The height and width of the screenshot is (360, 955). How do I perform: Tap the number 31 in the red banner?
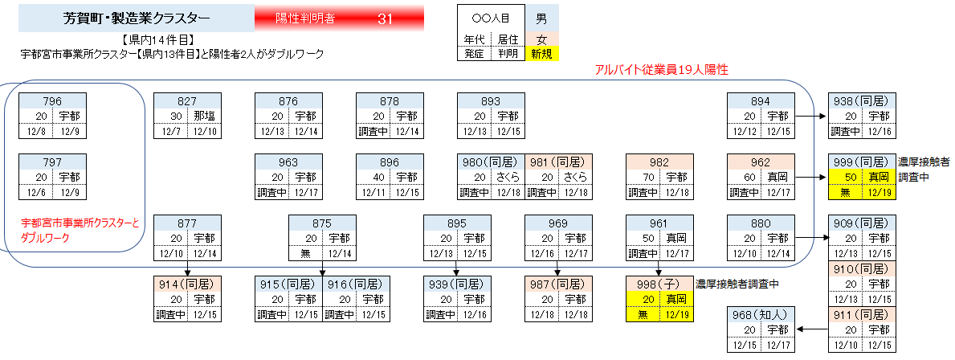coord(385,18)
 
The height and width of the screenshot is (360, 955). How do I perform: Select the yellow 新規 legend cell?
coord(541,54)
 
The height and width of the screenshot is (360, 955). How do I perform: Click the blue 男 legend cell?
coord(541,18)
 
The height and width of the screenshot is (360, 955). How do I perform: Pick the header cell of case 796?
coord(52,101)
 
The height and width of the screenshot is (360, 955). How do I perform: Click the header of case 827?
coord(186,101)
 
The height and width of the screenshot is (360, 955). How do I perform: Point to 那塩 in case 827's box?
coord(204,116)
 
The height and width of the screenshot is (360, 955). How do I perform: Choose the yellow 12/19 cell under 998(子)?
coord(676,313)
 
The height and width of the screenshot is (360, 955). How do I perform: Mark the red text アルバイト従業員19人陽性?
coord(661,70)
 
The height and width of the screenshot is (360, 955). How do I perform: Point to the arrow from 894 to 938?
coord(811,116)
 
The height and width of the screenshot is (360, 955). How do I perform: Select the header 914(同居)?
coord(186,284)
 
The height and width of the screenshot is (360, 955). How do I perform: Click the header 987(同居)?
coord(558,284)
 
